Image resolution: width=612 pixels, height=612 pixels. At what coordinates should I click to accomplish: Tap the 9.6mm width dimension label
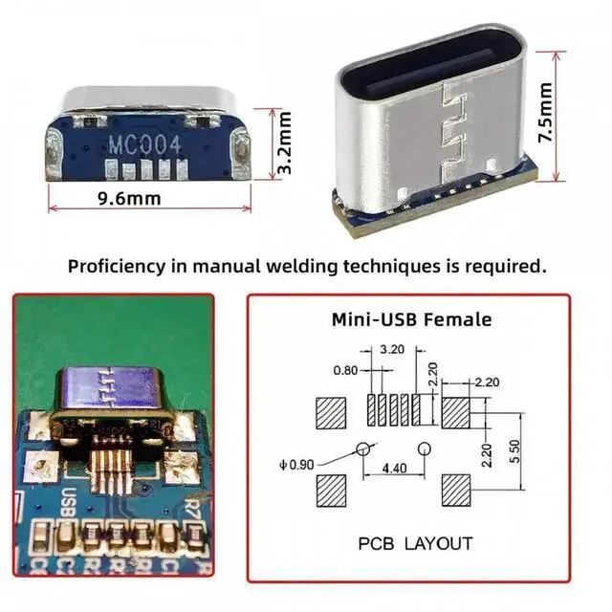pyautogui.click(x=129, y=198)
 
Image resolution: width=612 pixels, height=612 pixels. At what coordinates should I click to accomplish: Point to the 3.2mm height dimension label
pyautogui.click(x=284, y=142)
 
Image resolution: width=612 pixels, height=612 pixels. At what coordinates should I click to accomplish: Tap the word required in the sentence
pyautogui.click(x=505, y=265)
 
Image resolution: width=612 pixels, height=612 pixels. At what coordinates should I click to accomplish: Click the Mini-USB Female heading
pyautogui.click(x=411, y=319)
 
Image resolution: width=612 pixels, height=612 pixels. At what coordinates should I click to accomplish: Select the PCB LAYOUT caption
pyautogui.click(x=415, y=543)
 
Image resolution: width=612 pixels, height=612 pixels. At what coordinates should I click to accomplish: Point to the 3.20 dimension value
pyautogui.click(x=391, y=349)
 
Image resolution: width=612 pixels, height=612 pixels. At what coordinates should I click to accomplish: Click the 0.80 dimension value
pyautogui.click(x=346, y=369)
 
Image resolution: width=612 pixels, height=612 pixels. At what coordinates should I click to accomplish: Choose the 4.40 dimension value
pyautogui.click(x=394, y=469)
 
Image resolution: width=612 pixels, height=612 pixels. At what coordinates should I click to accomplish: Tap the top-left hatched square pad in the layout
pyautogui.click(x=332, y=413)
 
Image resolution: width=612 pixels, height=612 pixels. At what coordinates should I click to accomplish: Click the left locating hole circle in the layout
pyautogui.click(x=363, y=448)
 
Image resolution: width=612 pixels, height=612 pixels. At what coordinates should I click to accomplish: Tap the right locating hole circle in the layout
pyautogui.click(x=425, y=448)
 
